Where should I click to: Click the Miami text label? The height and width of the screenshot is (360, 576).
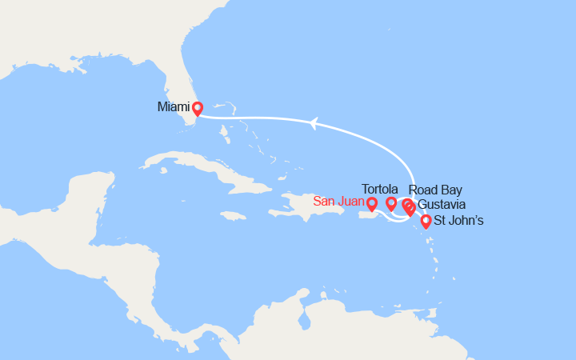[x=174, y=106]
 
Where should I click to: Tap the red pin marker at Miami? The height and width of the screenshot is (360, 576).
[x=197, y=107]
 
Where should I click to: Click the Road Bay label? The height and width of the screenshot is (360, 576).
[x=434, y=190]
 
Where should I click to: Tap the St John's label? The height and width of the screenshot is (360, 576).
[x=458, y=221]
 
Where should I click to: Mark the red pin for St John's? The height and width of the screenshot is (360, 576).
[x=426, y=221]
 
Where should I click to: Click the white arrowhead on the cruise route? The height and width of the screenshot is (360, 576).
[x=314, y=122]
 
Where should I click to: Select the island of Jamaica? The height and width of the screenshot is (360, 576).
[x=232, y=216]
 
